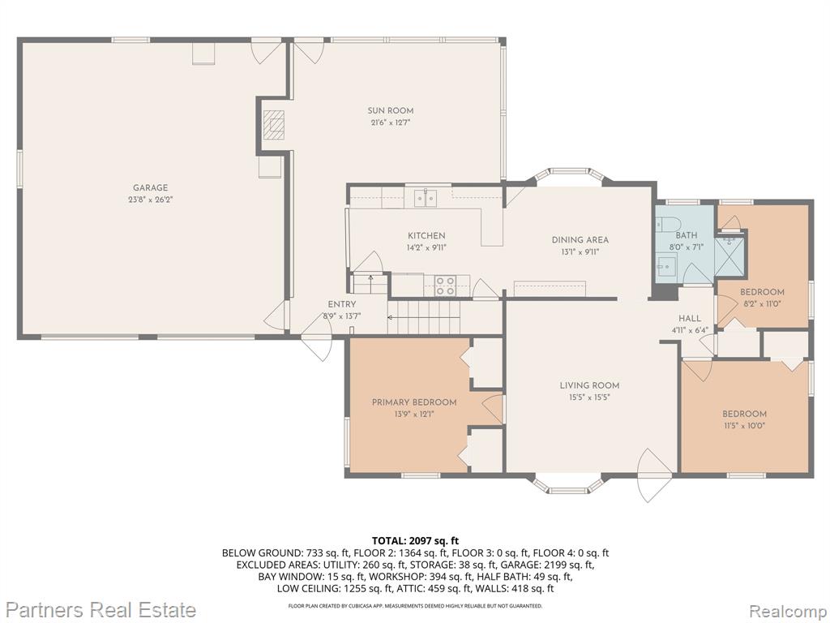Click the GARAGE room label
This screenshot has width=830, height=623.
point(150,187)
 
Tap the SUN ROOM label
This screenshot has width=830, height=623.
point(391,110)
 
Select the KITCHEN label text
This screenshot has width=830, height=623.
point(426,236)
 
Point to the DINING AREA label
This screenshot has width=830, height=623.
point(580,240)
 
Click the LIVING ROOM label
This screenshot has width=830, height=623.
point(590,385)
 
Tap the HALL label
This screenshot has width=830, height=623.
point(690,318)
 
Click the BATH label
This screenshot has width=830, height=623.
point(686,235)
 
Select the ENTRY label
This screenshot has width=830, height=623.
point(342,304)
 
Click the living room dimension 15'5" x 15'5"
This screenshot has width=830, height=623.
point(590,397)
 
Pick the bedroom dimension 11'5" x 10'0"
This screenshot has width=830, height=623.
point(744,426)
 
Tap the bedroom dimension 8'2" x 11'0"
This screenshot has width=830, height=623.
point(762,304)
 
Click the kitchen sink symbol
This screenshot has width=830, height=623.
point(426,198)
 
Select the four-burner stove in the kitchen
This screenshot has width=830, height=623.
point(445,286)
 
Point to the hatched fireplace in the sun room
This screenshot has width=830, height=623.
point(274,124)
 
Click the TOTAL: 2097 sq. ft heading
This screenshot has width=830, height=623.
point(416,541)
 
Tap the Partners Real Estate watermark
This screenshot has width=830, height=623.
point(103,609)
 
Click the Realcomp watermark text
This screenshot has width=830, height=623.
point(786,610)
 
